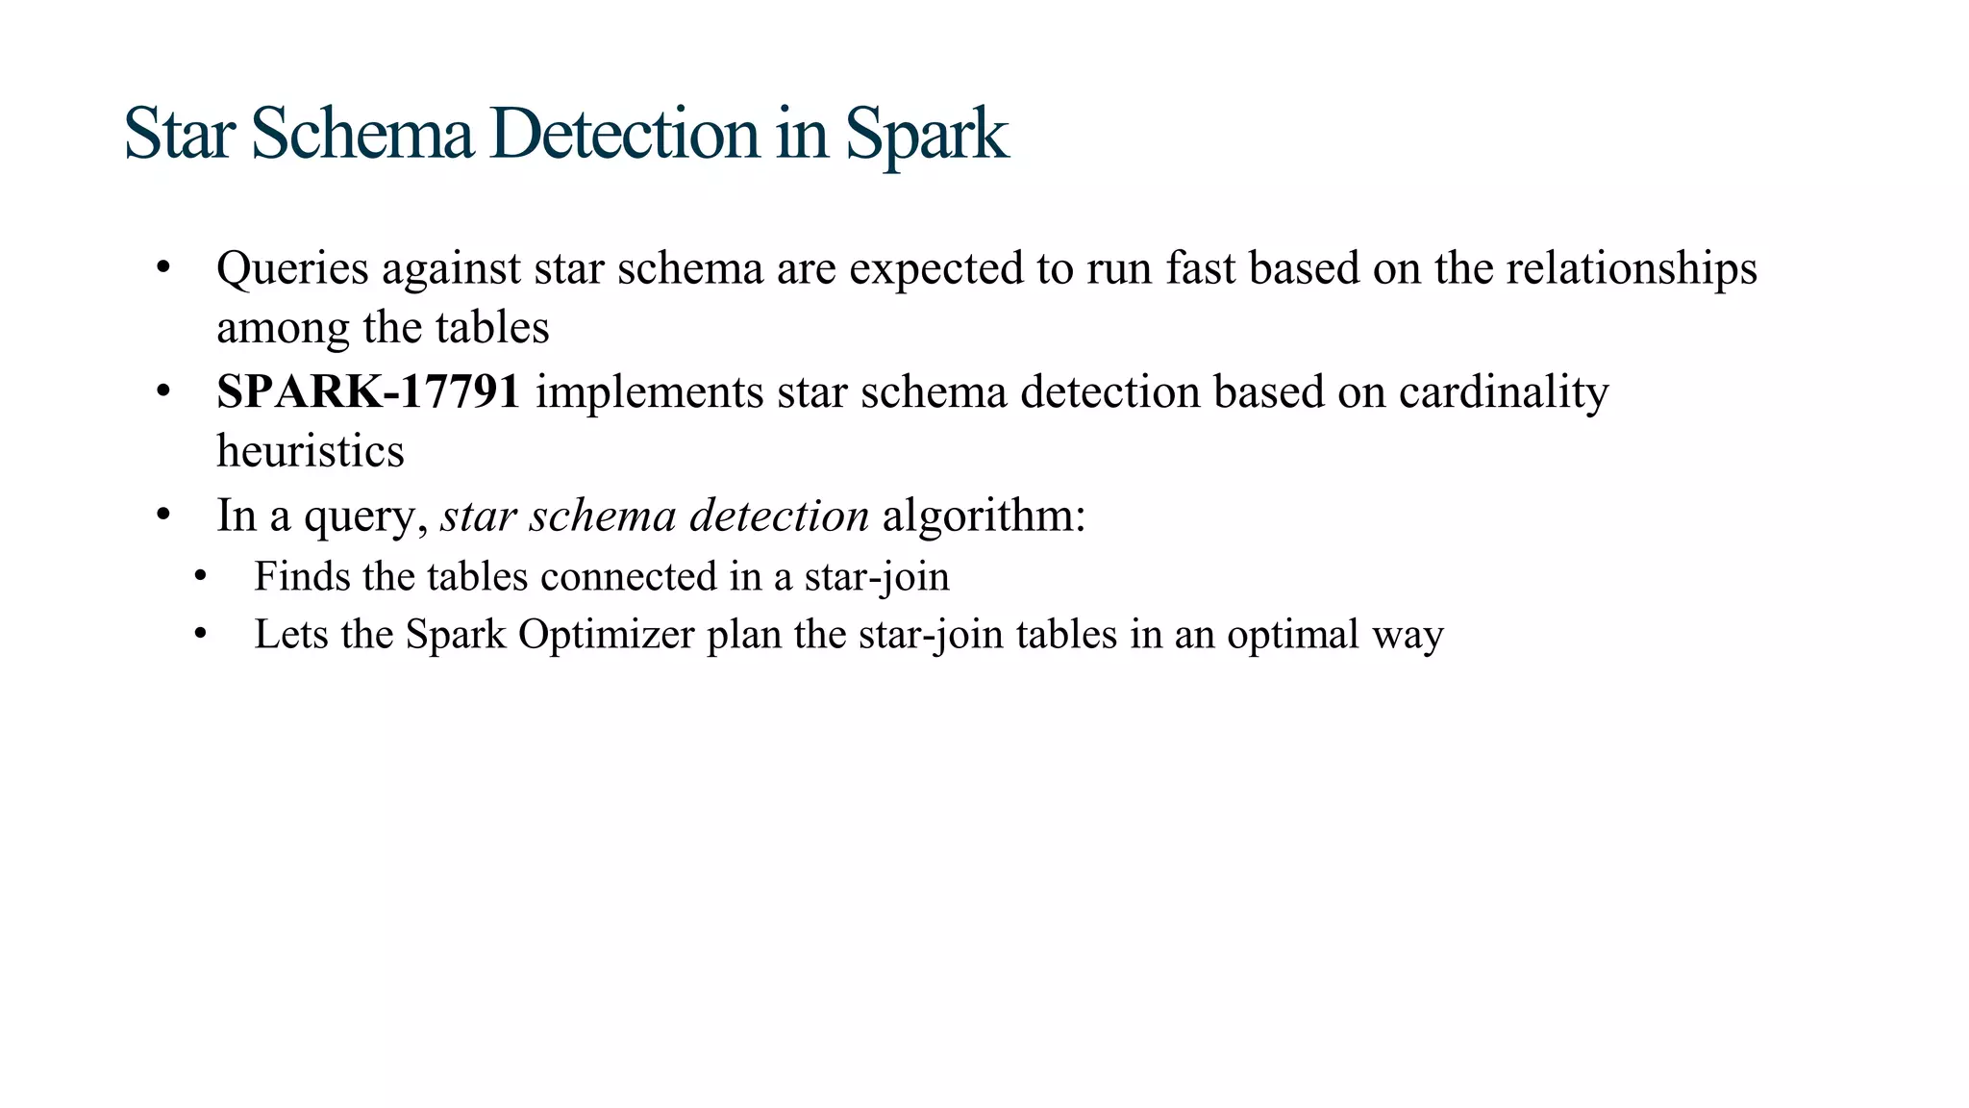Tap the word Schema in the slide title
[362, 134]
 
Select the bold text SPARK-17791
[368, 391]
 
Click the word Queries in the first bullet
[292, 268]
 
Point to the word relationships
[1631, 268]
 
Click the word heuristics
[310, 451]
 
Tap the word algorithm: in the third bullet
[984, 516]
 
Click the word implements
[649, 391]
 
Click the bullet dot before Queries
[163, 268]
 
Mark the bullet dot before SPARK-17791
[163, 391]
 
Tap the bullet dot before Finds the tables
[200, 577]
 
